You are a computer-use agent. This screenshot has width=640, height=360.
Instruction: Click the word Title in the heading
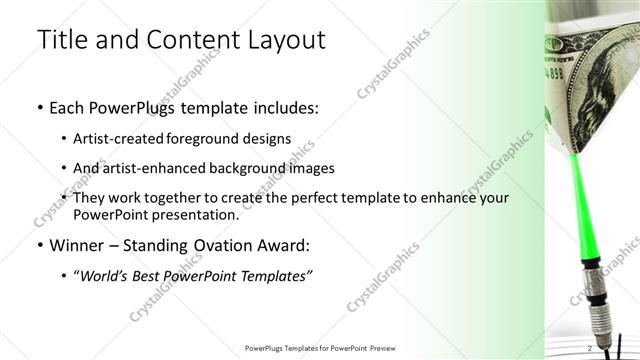coord(58,41)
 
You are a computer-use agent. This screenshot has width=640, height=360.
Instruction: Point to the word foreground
coord(218,138)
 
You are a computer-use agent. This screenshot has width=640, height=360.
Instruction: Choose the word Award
coord(286,245)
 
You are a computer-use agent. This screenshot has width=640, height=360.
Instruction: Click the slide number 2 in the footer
coord(590,347)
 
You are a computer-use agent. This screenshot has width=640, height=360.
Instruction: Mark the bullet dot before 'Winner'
coord(40,246)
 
